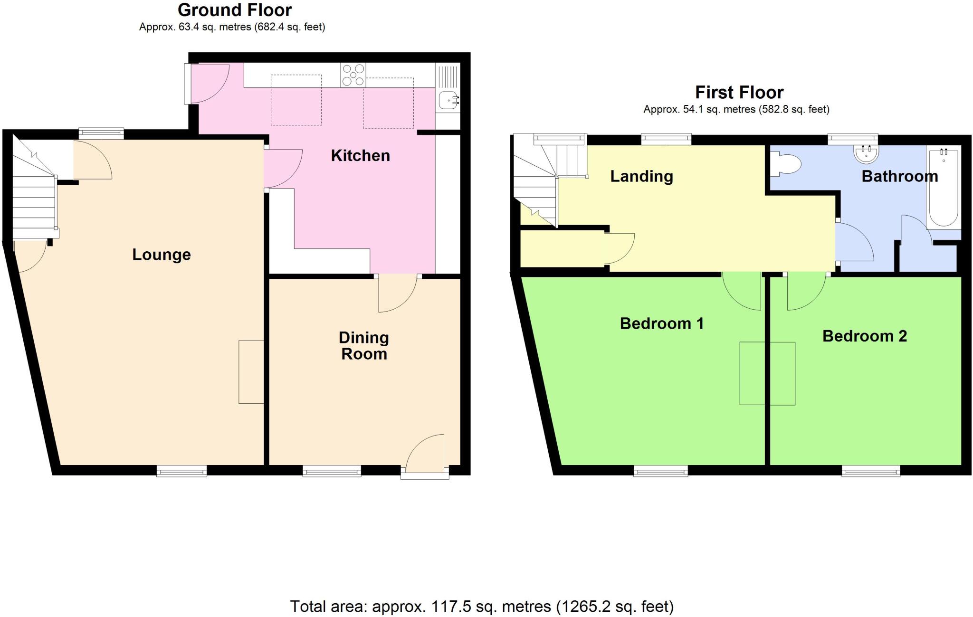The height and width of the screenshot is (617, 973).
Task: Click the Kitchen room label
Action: pos(360,156)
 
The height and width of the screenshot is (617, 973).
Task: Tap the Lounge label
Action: pos(161,255)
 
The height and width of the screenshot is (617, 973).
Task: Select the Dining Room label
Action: pos(364,346)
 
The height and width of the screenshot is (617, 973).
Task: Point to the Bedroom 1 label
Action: pos(661,323)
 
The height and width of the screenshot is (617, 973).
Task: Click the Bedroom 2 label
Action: pos(864,336)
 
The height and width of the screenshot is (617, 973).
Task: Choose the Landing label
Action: pos(641,176)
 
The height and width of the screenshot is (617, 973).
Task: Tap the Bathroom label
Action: pos(899,176)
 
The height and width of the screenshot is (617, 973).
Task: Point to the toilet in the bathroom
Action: pos(786,164)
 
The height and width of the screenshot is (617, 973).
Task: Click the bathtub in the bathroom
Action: pos(943,188)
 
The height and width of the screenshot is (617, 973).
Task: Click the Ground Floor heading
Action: pos(235,10)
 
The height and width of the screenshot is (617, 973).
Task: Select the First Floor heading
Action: pos(739,92)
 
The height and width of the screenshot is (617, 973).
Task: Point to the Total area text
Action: pos(481,607)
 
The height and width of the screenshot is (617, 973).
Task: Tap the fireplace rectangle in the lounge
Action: pos(251,372)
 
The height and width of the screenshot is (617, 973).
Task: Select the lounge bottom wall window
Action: pos(181,471)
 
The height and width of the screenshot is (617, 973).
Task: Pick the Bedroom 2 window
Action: pos(870,471)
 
